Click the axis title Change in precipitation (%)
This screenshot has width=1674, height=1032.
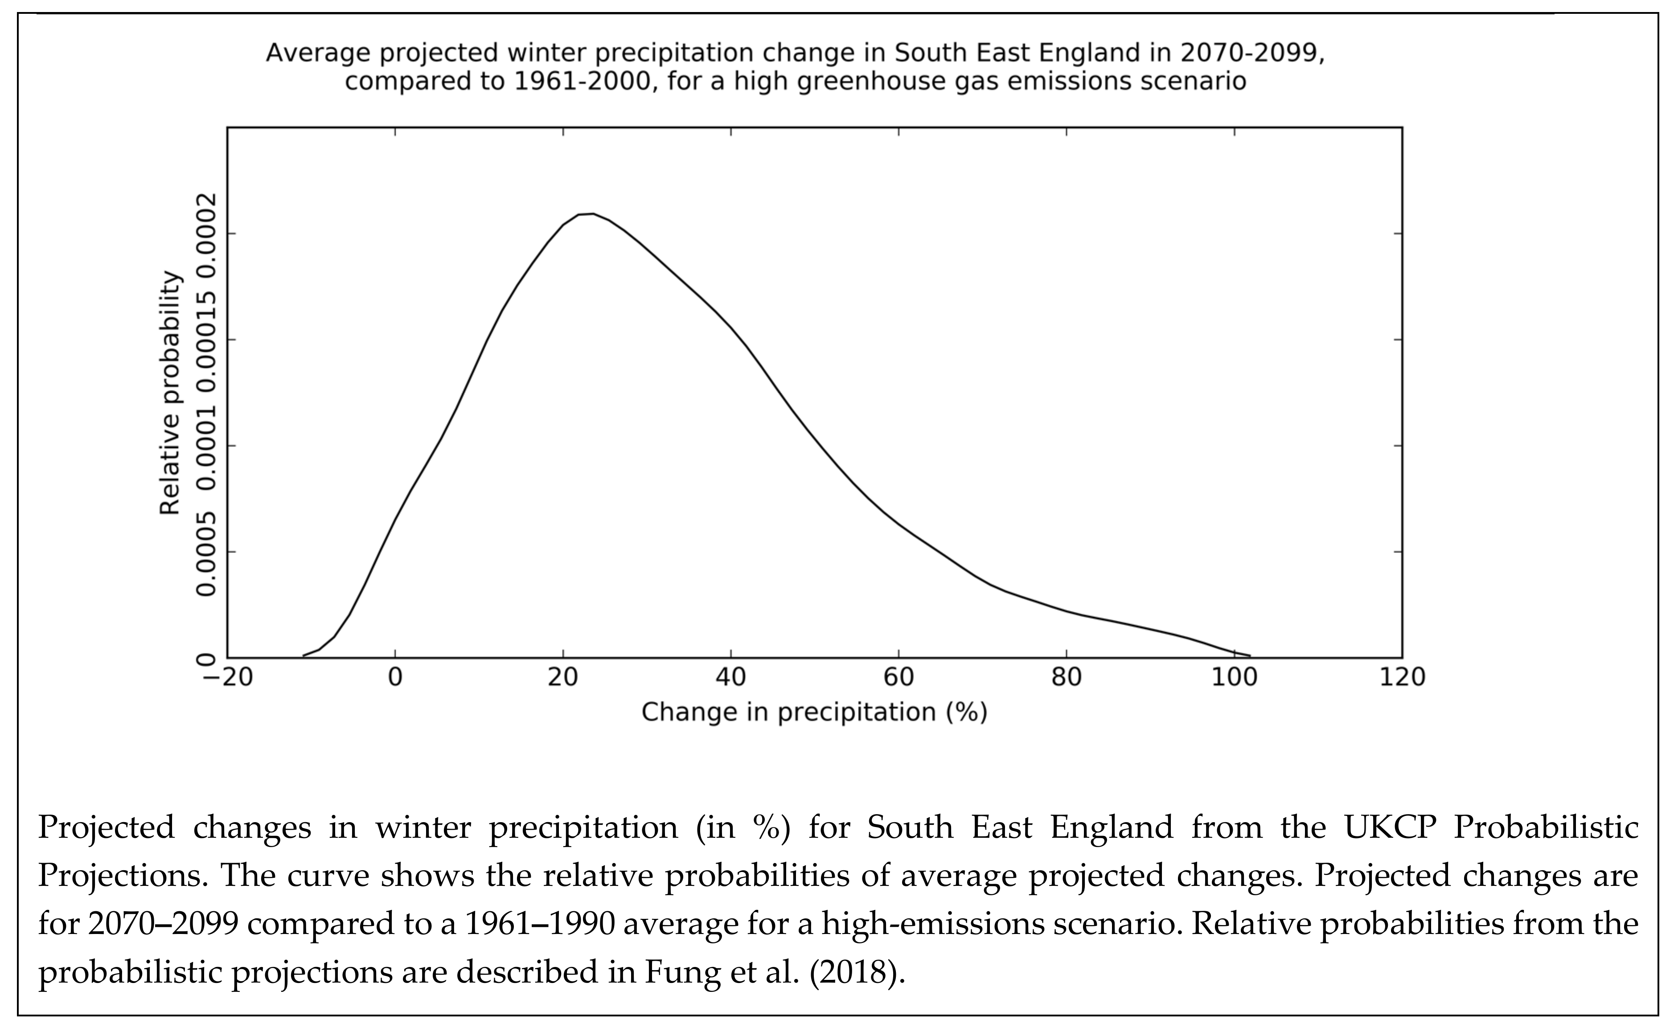[x=814, y=713]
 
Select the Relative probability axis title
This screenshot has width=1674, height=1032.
[x=171, y=394]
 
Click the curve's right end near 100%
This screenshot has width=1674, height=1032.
[x=1248, y=655]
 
